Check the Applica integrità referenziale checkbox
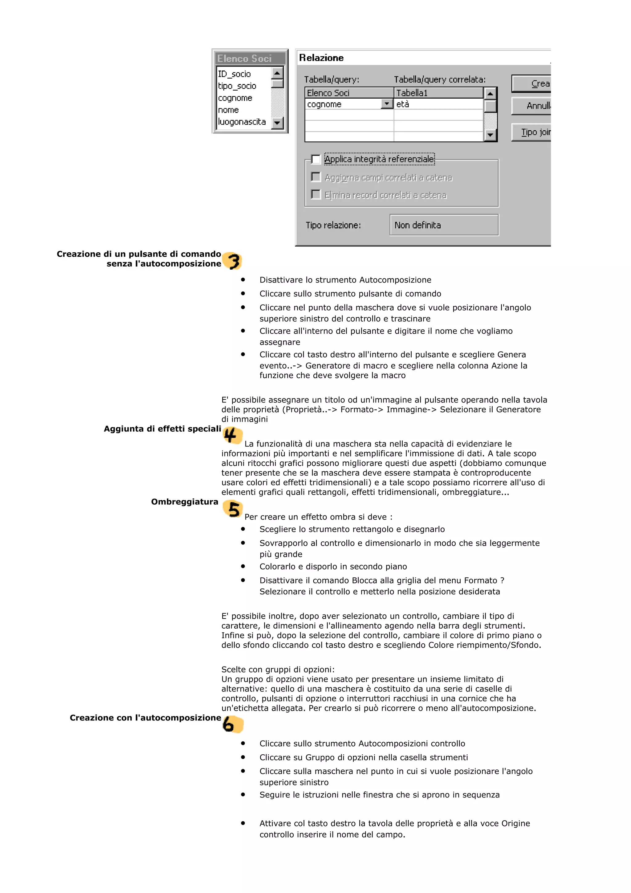[x=316, y=159]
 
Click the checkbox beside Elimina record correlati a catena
[x=316, y=194]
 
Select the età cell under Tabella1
[x=438, y=104]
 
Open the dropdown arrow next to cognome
[x=386, y=104]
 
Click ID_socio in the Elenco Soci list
[x=234, y=74]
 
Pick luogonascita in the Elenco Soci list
[x=242, y=122]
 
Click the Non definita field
[x=444, y=225]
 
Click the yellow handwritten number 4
[x=232, y=435]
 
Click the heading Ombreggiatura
[x=185, y=502]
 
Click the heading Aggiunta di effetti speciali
[x=162, y=429]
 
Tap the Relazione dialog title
[x=321, y=58]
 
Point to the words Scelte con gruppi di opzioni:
[x=278, y=669]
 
